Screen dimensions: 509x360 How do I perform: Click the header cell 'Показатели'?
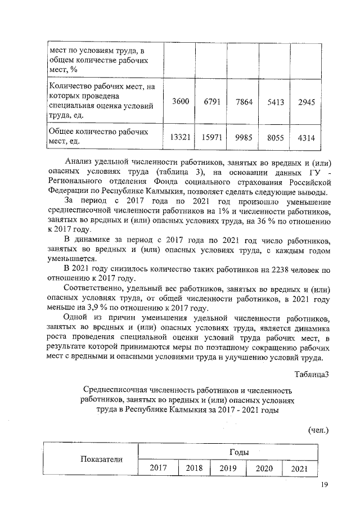click(101, 460)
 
